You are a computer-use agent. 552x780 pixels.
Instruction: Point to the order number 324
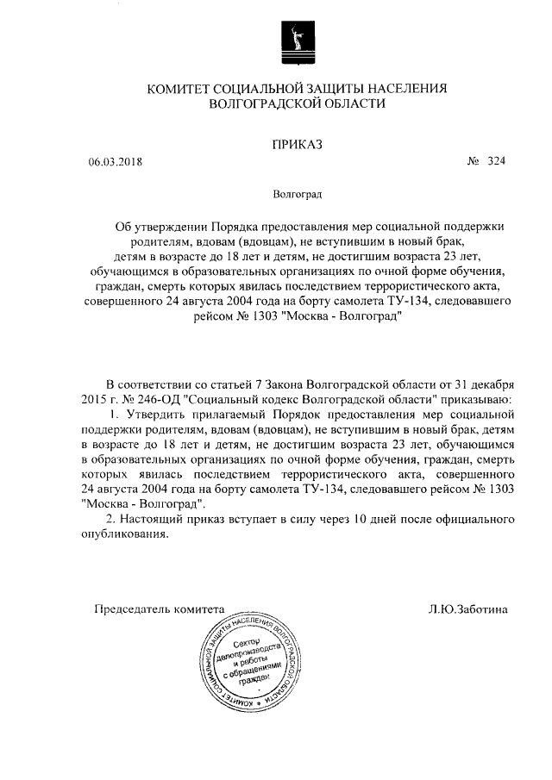pyautogui.click(x=495, y=161)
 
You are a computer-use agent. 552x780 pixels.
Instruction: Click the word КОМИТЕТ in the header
pyautogui.click(x=185, y=88)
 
